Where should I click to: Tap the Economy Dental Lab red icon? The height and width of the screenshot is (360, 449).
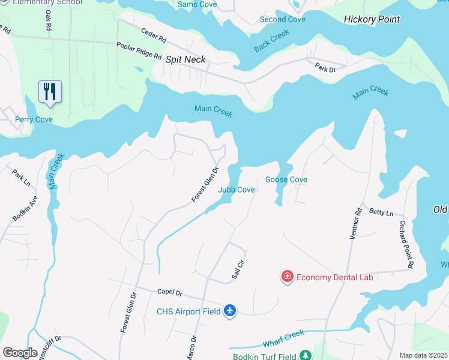288,277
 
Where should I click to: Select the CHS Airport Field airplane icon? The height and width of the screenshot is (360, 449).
229,311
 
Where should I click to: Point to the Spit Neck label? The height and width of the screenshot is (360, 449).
185,59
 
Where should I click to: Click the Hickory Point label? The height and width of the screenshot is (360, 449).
372,20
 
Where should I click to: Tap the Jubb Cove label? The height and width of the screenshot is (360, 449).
236,190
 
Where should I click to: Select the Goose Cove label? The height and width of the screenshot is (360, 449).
286,179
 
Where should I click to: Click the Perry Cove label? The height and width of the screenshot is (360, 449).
34,119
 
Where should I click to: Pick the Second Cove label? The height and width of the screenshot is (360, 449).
282,20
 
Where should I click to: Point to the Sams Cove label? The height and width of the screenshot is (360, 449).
197,5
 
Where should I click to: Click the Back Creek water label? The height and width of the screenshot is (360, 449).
271,41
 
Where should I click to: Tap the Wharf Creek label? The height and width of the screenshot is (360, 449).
284,340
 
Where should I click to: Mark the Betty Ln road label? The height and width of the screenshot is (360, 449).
381,212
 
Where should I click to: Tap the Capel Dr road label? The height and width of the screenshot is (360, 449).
169,292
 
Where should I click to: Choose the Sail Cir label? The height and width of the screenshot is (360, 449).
238,268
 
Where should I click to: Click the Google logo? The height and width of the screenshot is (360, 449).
20,353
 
